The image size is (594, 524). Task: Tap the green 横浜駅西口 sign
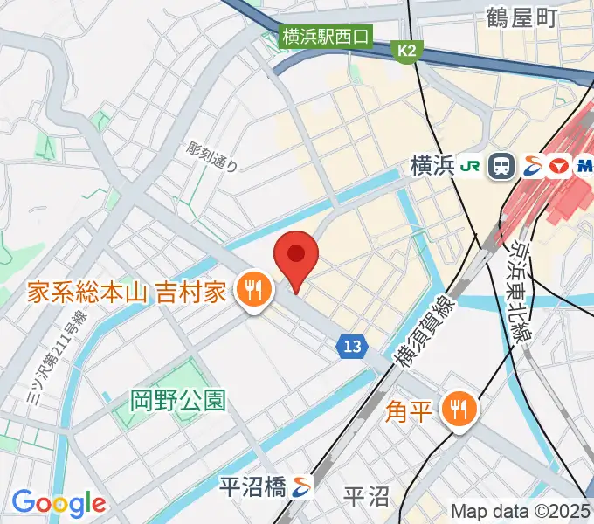tap(326, 37)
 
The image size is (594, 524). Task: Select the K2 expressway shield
tap(406, 52)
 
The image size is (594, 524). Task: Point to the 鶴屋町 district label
tap(521, 17)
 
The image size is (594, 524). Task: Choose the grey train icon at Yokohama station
tap(501, 166)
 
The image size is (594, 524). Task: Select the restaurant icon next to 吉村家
tap(254, 289)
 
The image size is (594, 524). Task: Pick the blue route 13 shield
tap(351, 347)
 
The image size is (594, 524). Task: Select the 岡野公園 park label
tap(178, 401)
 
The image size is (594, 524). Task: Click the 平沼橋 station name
tap(252, 486)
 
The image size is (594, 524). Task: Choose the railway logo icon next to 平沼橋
tap(302, 486)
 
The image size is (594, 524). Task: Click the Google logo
tap(59, 503)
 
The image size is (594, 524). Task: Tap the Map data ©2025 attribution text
tap(521, 510)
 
